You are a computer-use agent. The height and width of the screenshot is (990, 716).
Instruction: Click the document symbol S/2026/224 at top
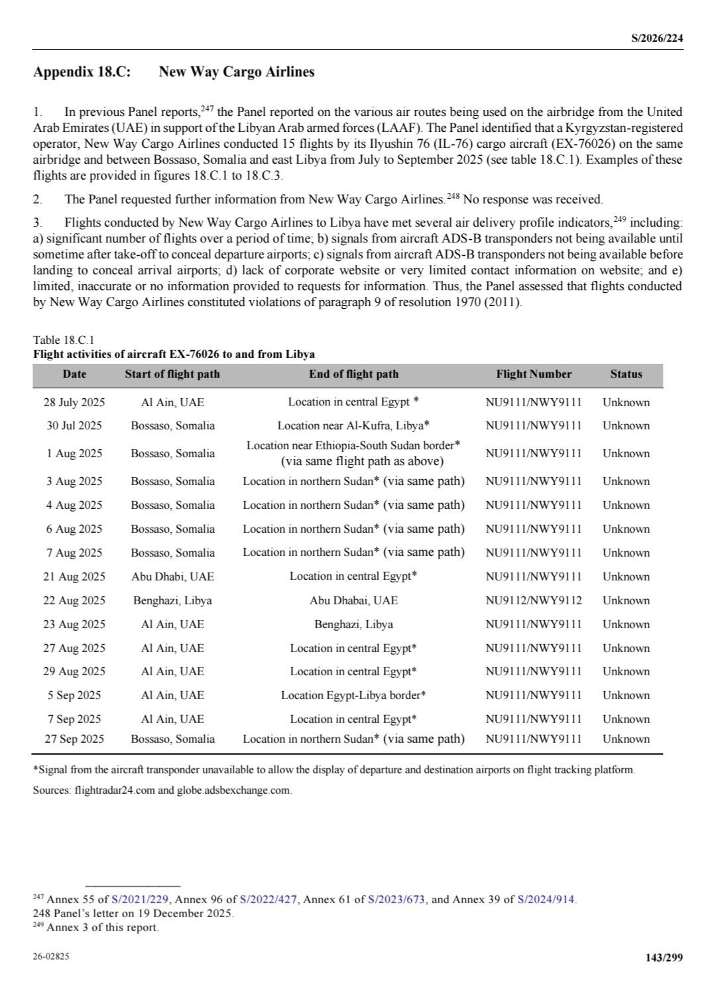pyautogui.click(x=656, y=38)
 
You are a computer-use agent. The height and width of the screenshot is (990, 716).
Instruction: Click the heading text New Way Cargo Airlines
pyautogui.click(x=237, y=72)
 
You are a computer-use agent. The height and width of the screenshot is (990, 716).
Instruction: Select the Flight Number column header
pyautogui.click(x=534, y=374)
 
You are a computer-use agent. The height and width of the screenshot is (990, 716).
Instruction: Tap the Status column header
pyautogui.click(x=626, y=374)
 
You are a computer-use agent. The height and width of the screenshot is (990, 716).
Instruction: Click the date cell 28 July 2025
pyautogui.click(x=74, y=402)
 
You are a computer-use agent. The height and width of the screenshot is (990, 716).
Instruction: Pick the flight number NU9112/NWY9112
pyautogui.click(x=534, y=600)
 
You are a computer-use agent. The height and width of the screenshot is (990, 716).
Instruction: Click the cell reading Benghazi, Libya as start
pyautogui.click(x=172, y=600)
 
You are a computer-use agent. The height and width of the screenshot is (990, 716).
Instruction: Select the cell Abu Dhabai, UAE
pyautogui.click(x=353, y=600)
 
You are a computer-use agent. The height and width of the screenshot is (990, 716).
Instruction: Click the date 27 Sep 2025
pyautogui.click(x=74, y=739)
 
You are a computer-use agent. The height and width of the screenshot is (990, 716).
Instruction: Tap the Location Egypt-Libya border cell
pyautogui.click(x=353, y=695)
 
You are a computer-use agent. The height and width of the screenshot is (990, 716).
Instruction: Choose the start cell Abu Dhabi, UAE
pyautogui.click(x=172, y=577)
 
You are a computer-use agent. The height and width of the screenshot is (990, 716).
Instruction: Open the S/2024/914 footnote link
pyautogui.click(x=547, y=900)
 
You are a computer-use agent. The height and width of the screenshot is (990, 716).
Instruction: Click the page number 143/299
pyautogui.click(x=664, y=957)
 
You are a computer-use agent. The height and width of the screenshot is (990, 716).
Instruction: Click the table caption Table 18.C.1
pyautogui.click(x=64, y=341)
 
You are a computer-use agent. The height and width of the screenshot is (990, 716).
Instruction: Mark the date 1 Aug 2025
pyautogui.click(x=74, y=453)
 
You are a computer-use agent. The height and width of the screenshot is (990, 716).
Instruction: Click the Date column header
pyautogui.click(x=74, y=374)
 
